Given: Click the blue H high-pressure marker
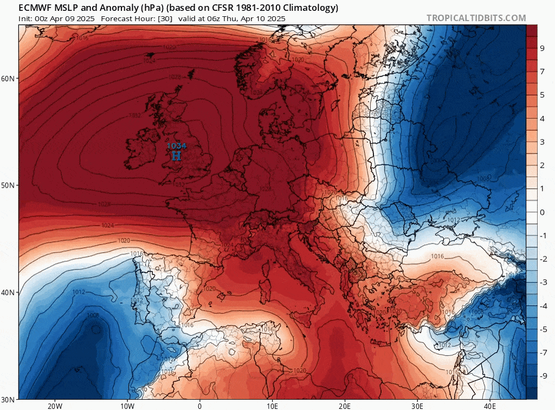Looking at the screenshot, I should pos(176,156).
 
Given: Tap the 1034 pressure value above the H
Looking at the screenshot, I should pos(176,146).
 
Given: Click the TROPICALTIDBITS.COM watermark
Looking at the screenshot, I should pos(476,18).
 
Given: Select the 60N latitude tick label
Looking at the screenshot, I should pos(9,79).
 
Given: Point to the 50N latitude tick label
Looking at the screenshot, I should pos(9,185).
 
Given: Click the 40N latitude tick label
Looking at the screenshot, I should pos(9,292).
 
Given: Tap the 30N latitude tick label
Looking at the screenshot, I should pos(9,399).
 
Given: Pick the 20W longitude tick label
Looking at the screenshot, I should pos(54,406).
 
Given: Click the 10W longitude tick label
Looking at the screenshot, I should pos(127,406).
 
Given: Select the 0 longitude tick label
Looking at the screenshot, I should pos(199,406).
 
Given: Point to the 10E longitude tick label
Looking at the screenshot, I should pos(272,406).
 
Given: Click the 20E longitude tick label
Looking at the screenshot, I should pos(345,406).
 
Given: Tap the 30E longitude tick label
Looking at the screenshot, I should pos(417,406).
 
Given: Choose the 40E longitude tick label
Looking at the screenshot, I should pos(490,406).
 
